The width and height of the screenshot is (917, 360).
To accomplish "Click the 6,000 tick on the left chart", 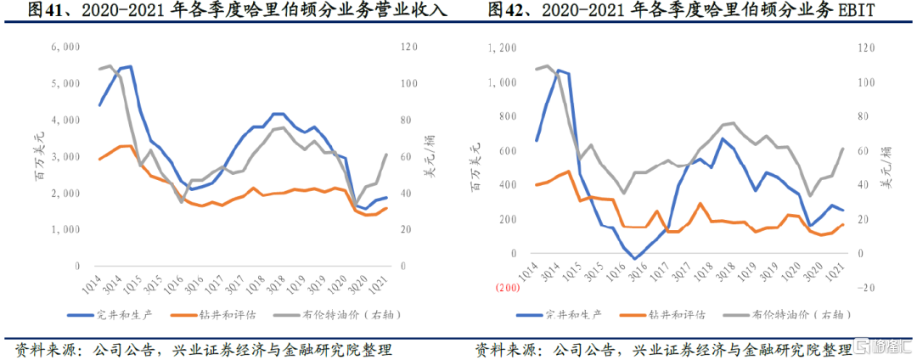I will [66, 48].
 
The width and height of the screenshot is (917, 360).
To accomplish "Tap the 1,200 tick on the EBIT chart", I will [504, 48].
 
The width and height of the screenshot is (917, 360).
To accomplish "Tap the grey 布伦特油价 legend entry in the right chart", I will [790, 314].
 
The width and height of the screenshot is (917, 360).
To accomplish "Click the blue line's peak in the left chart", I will [129, 66].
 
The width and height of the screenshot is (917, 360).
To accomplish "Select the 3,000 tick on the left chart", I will [66, 157].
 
